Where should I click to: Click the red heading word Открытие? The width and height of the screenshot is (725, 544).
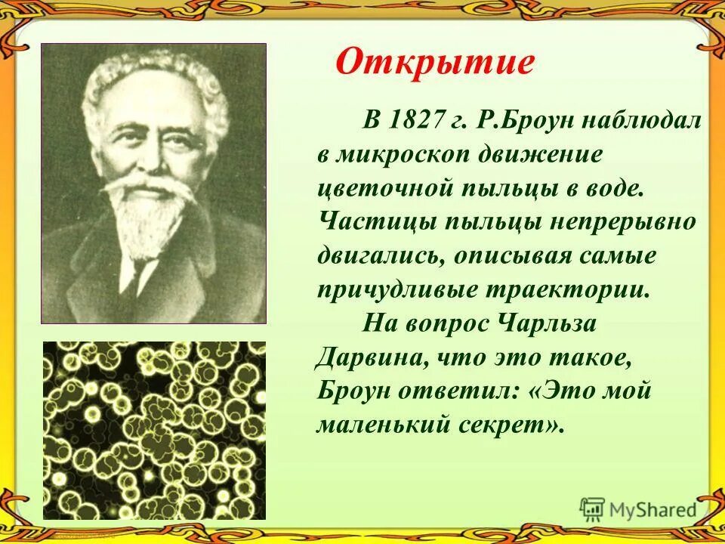[x=434, y=63]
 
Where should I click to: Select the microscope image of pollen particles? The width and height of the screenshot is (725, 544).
[x=153, y=430]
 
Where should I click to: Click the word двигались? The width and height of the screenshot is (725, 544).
[x=378, y=256]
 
